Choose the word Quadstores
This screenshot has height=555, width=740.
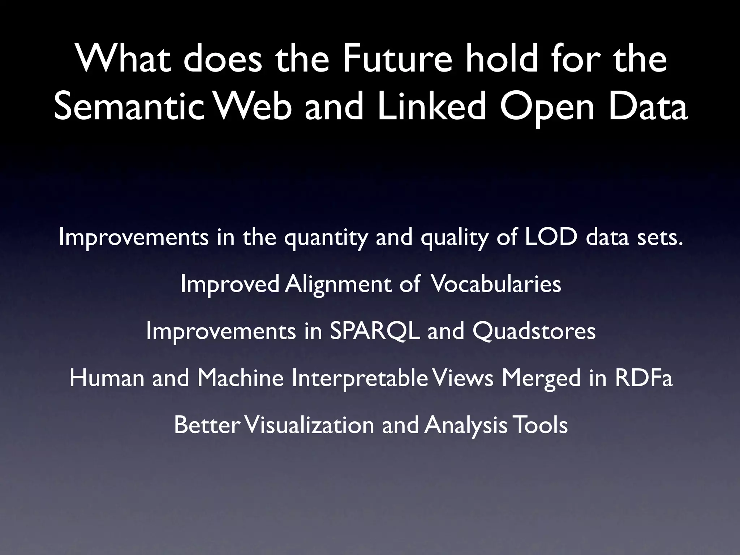pyautogui.click(x=534, y=331)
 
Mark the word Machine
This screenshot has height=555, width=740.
pyautogui.click(x=240, y=378)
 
